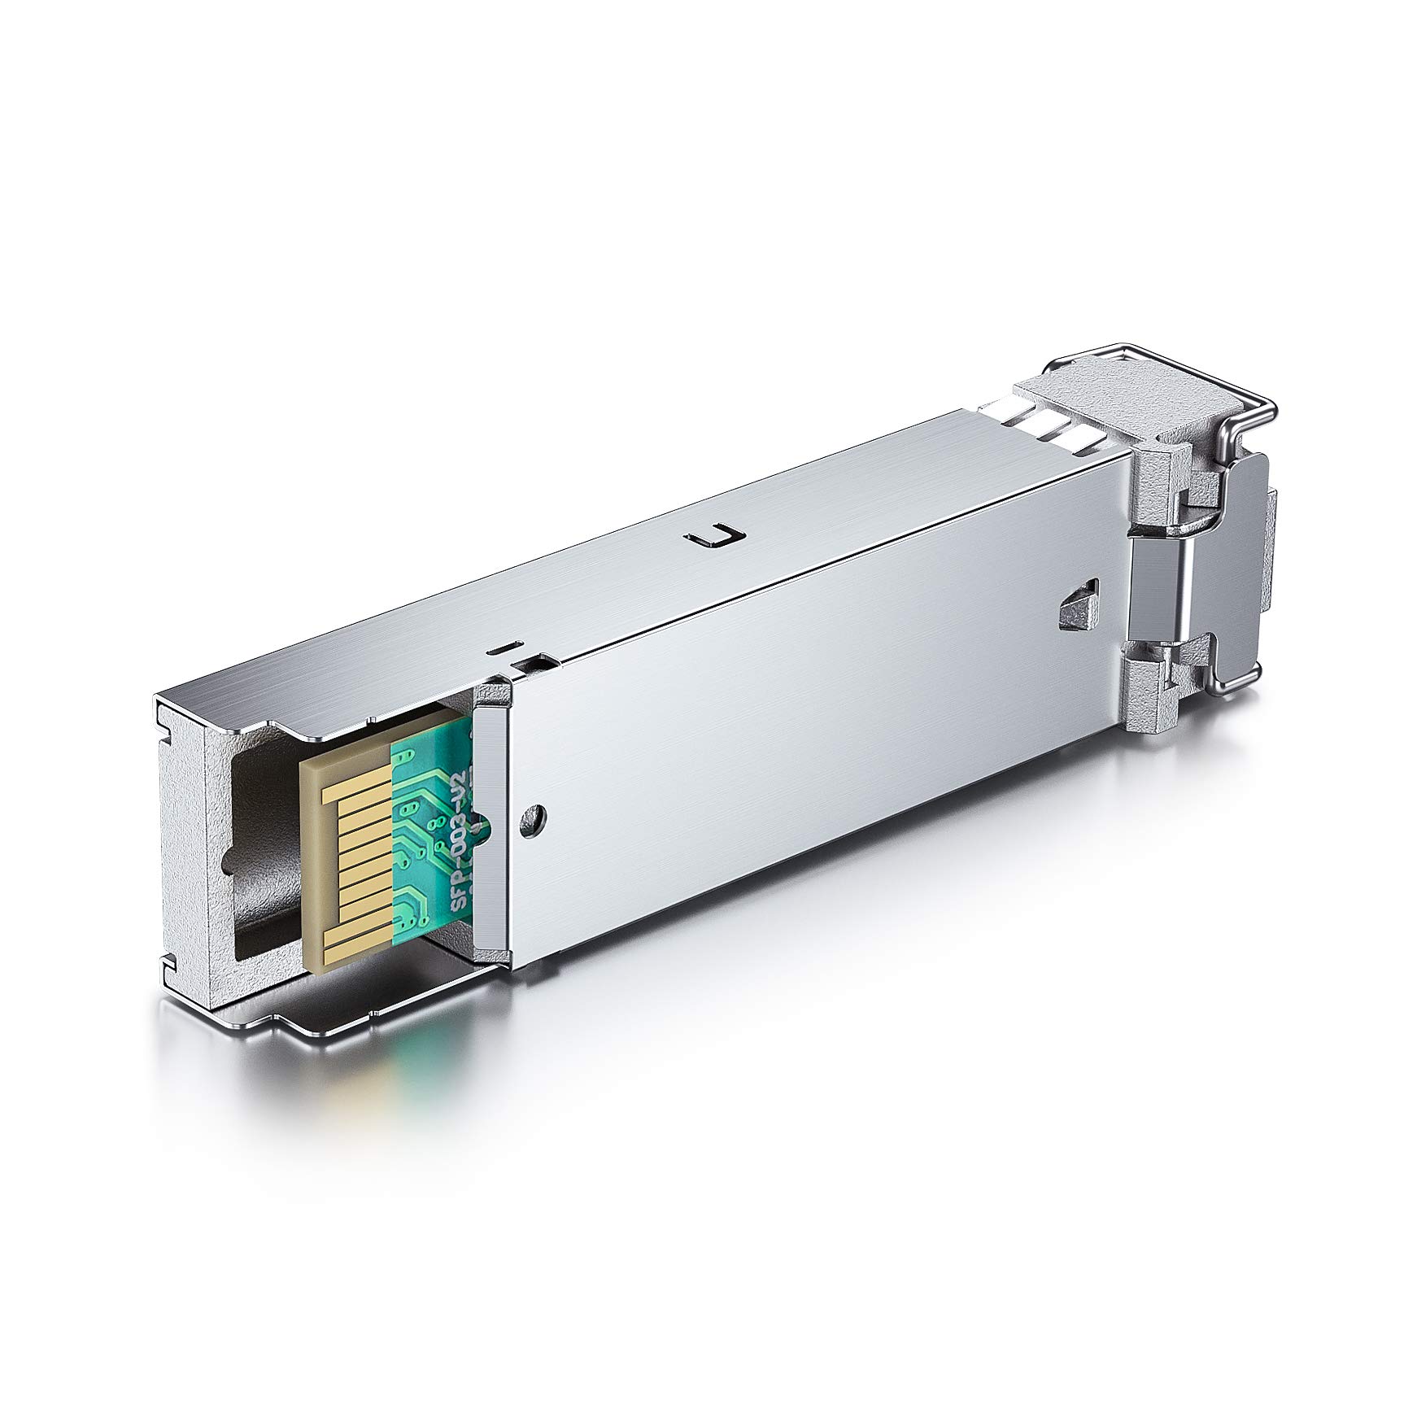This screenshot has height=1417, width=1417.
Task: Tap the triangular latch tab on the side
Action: pos(1079,604)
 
